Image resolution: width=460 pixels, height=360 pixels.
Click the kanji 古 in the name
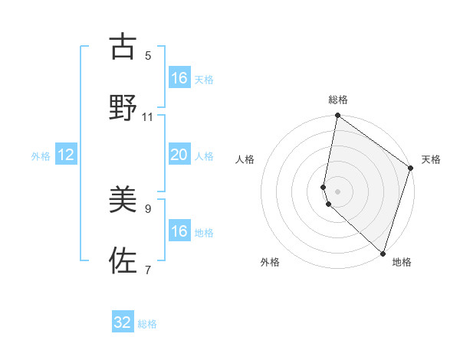pyautogui.click(x=123, y=47)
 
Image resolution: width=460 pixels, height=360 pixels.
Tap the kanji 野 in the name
pyautogui.click(x=123, y=108)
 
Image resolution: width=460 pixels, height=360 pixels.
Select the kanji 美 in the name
pyautogui.click(x=123, y=201)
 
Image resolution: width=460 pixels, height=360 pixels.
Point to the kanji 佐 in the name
pyautogui.click(x=123, y=261)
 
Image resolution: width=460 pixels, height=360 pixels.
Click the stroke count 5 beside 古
pyautogui.click(x=148, y=55)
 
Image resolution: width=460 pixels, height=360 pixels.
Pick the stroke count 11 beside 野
pyautogui.click(x=148, y=116)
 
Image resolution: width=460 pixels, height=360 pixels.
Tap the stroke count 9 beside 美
pyautogui.click(x=148, y=208)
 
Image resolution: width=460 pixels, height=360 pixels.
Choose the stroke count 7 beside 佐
pyautogui.click(x=148, y=269)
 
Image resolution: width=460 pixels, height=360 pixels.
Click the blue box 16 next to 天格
pyautogui.click(x=179, y=78)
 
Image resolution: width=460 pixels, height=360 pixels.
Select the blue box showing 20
pyautogui.click(x=179, y=155)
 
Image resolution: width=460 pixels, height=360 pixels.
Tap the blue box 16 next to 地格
pyautogui.click(x=179, y=231)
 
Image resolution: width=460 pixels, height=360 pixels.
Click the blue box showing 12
pyautogui.click(x=66, y=155)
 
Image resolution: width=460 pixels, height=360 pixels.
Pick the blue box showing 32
pyautogui.click(x=123, y=322)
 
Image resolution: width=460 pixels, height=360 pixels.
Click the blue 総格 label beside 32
pyautogui.click(x=147, y=324)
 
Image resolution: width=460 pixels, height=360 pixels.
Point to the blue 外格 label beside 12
pyautogui.click(x=41, y=156)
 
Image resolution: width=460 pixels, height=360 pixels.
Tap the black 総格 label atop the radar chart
pyautogui.click(x=338, y=100)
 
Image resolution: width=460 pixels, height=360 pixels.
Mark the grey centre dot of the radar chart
pyautogui.click(x=338, y=191)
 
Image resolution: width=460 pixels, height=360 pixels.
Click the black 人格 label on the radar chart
pyautogui.click(x=245, y=159)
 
